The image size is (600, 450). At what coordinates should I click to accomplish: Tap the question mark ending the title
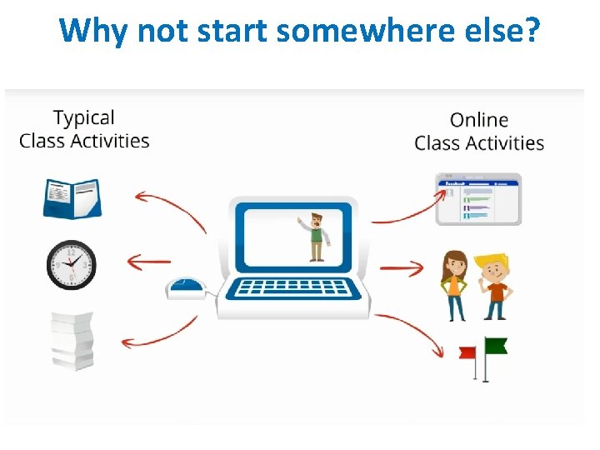point(531,32)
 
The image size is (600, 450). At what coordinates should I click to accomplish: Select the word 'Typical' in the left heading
point(84,118)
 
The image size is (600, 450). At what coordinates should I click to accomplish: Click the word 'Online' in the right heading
point(479,121)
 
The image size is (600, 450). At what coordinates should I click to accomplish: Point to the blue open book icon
point(72,198)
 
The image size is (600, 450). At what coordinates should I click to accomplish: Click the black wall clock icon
point(72,265)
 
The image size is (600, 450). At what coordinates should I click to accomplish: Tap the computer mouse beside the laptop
point(186,288)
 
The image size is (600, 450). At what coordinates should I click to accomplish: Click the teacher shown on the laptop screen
point(314,237)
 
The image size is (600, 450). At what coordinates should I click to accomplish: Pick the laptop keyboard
point(292,288)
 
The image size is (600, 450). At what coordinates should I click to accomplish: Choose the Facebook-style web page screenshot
point(478,199)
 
